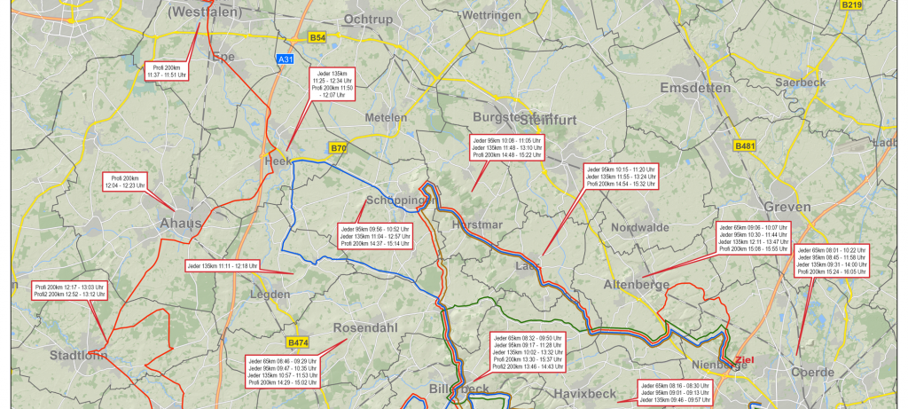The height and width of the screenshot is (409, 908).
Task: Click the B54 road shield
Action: click(317, 38)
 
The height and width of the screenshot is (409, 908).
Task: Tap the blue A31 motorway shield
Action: click(285, 59)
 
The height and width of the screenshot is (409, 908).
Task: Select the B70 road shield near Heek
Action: click(338, 148)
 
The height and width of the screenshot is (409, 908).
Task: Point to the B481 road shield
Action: click(745, 146)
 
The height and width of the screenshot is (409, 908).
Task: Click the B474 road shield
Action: click(298, 342)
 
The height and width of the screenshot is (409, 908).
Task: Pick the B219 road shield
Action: click(851, 5)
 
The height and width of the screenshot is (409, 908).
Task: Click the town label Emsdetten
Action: click(695, 89)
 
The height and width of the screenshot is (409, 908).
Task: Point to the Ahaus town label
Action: click(181, 224)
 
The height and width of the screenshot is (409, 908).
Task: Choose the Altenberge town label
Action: click(634, 284)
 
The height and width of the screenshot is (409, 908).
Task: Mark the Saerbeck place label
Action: click(800, 83)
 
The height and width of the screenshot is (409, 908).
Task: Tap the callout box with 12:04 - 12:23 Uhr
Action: click(126, 181)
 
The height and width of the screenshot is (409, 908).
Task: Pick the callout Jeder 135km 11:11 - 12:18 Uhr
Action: click(222, 265)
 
